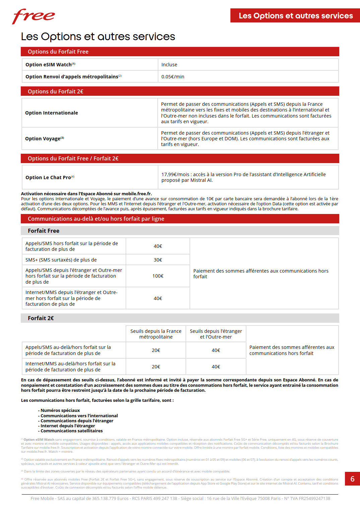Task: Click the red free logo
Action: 33,16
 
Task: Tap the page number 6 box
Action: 352,479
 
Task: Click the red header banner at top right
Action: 295,16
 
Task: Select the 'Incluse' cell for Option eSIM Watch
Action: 169,65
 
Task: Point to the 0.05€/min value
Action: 173,77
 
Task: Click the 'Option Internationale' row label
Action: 52,113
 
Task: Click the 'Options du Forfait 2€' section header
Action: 56,91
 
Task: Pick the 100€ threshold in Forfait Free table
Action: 158,276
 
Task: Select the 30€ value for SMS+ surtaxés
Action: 158,260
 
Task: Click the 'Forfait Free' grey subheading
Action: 44,231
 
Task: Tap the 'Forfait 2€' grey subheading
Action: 41,318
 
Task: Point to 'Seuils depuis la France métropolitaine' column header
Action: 156,334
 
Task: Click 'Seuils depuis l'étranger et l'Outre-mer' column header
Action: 216,334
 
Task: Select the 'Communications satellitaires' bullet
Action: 71,431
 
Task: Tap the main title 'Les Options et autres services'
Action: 98,37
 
